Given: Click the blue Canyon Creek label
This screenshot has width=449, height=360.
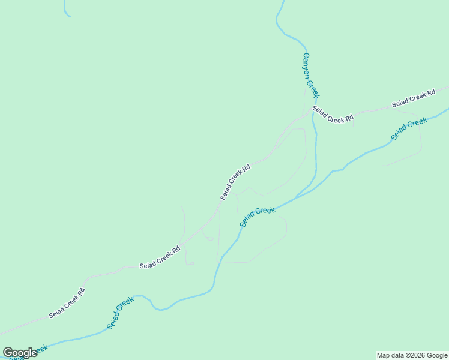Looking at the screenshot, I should (311, 76).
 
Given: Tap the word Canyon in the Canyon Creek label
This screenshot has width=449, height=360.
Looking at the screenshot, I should (307, 64).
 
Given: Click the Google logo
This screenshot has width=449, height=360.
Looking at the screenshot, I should (20, 353).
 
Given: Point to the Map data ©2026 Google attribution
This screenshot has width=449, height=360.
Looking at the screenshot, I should (412, 355).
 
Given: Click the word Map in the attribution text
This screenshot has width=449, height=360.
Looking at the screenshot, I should (383, 355).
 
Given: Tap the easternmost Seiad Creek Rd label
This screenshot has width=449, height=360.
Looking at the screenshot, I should (414, 100).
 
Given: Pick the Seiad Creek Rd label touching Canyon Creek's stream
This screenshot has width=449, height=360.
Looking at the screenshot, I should (333, 116).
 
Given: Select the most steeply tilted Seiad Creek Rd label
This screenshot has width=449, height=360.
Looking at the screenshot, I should (235, 181).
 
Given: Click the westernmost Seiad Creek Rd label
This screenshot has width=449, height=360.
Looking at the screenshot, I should (67, 303).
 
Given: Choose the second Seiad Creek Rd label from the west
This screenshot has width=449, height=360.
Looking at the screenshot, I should (160, 258).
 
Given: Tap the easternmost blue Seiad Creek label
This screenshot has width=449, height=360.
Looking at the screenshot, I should (409, 129).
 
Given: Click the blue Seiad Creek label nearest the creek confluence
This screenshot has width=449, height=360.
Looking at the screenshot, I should (257, 217).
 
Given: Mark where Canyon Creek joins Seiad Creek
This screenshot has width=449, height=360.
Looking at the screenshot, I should (297, 196).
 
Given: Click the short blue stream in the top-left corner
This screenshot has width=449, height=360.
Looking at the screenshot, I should (65, 10).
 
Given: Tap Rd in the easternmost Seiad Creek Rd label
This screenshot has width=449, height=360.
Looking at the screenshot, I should (430, 94).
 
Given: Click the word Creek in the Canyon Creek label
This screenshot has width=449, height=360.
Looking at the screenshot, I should (314, 86).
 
